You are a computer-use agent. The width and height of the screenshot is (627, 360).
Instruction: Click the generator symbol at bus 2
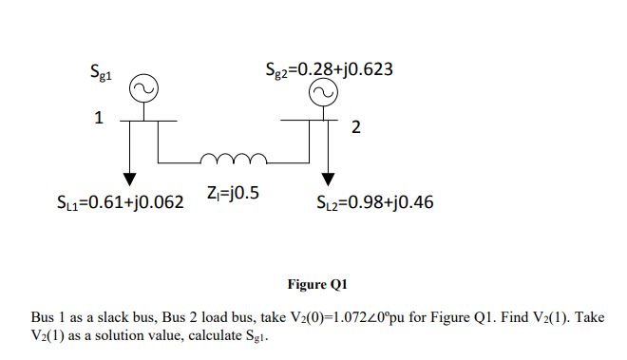[324, 91]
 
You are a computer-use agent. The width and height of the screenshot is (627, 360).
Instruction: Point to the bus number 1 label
[97, 121]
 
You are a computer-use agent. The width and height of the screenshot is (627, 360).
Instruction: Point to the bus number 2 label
[354, 129]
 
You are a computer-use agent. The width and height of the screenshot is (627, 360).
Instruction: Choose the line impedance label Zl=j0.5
[232, 194]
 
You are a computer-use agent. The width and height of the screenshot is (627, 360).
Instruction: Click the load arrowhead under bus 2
[329, 179]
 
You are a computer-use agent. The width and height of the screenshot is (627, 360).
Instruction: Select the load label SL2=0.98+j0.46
[374, 201]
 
